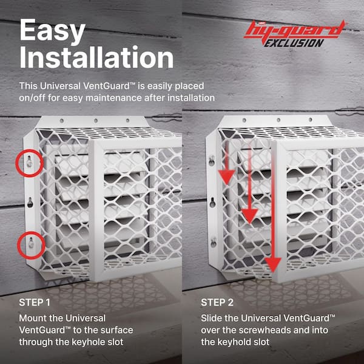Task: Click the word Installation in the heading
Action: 96,57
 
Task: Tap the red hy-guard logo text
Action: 295,30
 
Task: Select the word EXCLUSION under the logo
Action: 294,43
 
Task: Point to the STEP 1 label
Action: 35,303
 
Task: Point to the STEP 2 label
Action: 217,303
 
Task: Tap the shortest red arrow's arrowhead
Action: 226,177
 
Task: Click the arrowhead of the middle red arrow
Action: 249,216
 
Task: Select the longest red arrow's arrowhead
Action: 273,265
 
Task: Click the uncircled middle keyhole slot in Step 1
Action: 30,203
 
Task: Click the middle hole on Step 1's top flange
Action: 96,121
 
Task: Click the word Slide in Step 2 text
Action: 211,318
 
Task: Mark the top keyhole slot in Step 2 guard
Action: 212,161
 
